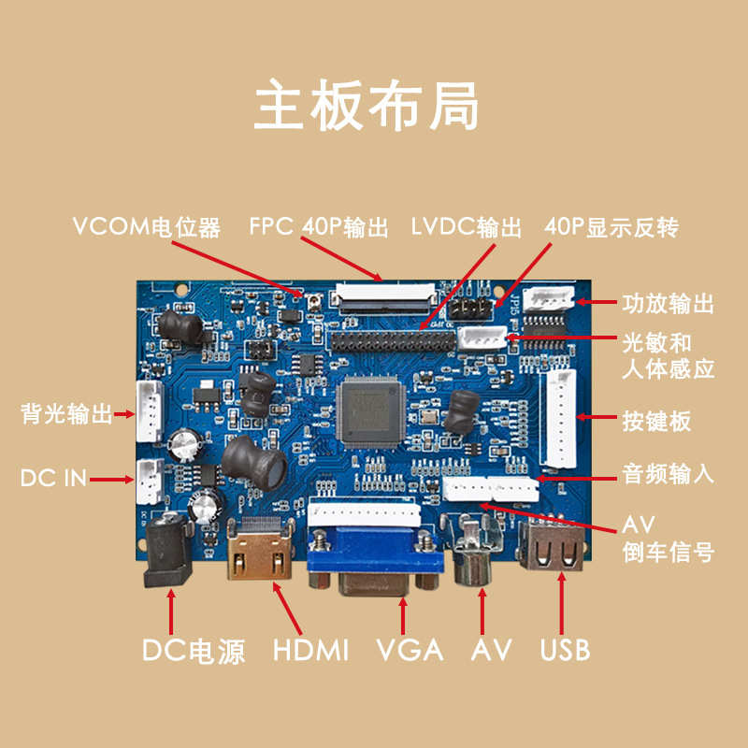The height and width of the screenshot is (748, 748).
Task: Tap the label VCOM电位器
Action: (147, 227)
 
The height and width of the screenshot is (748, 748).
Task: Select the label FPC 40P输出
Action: (319, 227)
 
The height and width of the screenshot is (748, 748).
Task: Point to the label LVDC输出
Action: (466, 227)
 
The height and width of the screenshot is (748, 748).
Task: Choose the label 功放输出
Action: (668, 303)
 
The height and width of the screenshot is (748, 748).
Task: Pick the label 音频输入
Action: (668, 474)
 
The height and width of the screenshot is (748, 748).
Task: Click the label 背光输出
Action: (66, 414)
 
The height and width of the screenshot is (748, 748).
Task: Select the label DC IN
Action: (53, 479)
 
